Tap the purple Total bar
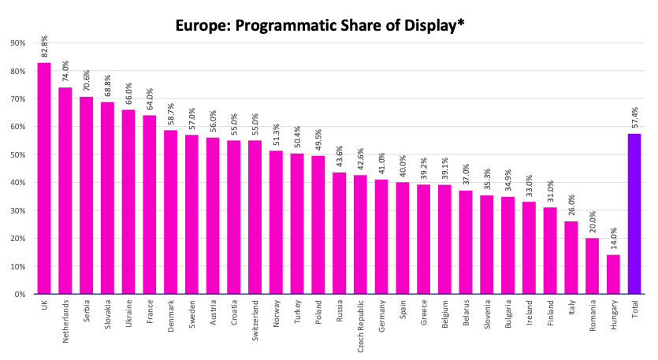(x=634, y=213)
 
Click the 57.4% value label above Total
(x=634, y=118)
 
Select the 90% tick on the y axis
(x=17, y=43)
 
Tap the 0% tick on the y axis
(x=20, y=294)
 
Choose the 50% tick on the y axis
(x=17, y=155)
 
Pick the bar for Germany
(x=381, y=236)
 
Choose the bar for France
(x=150, y=205)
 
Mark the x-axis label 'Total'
(x=634, y=310)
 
